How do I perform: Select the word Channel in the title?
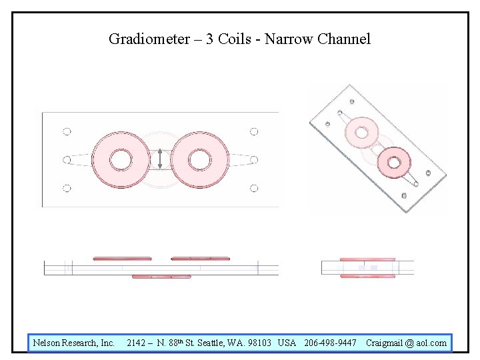(344, 39)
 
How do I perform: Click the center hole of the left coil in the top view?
(121, 159)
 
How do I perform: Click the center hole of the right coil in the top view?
(199, 159)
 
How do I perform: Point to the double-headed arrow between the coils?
(160, 159)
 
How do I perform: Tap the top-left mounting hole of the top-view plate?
(67, 131)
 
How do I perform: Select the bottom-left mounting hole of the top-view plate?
(67, 188)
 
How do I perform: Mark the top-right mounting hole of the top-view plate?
(254, 131)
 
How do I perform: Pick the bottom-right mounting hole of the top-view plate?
(254, 188)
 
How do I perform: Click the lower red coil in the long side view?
(161, 276)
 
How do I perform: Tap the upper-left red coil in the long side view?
(122, 258)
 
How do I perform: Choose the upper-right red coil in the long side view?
(200, 258)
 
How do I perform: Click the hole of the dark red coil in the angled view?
(394, 161)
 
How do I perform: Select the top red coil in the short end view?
(367, 259)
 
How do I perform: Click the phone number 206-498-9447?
(330, 343)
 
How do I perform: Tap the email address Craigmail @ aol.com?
(406, 343)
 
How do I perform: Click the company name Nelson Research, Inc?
(74, 343)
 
